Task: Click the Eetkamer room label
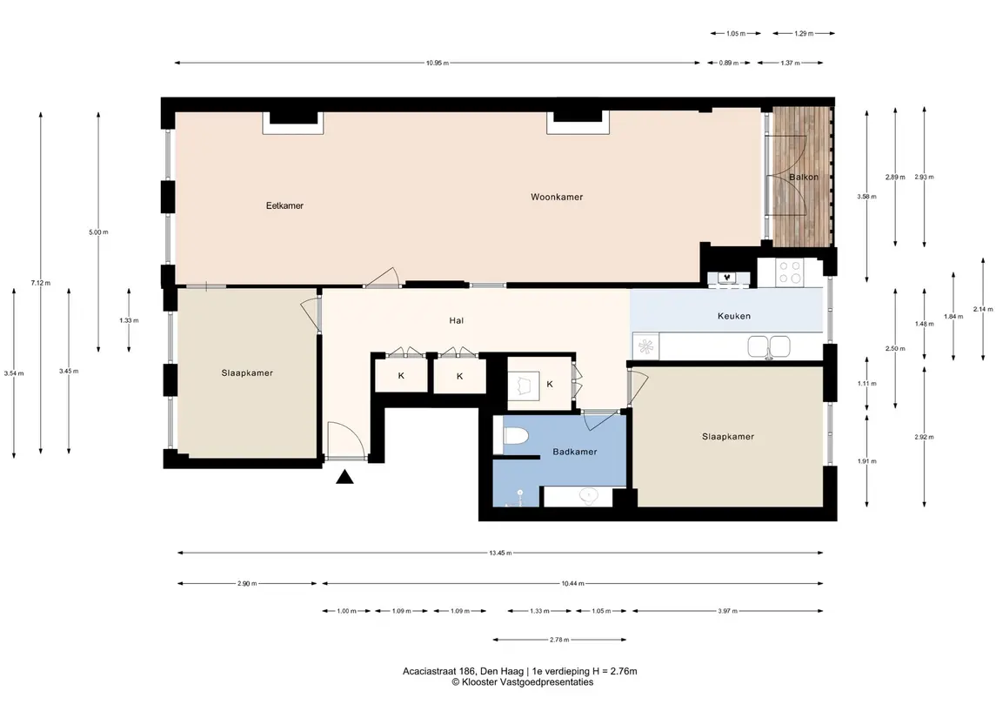coord(284,206)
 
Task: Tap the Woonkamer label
coord(557,197)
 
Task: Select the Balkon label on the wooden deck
coord(804,178)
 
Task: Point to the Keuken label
coord(733,316)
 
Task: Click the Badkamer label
coord(574,452)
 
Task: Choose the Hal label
coord(456,321)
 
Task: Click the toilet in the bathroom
coord(517,436)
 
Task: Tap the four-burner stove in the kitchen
coord(790,272)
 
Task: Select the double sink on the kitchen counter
coord(769,347)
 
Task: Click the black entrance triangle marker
coord(344,477)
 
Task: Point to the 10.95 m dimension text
coord(437,63)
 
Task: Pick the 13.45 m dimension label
coord(500,553)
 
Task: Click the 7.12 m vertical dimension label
coord(41,283)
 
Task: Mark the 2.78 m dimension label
coord(559,640)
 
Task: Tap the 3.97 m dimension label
coord(727,611)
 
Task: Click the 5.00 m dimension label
coord(98,232)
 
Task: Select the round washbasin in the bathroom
coord(589,495)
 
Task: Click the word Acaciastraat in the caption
coord(430,671)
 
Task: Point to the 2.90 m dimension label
coord(247,583)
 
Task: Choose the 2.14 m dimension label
coord(983,310)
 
